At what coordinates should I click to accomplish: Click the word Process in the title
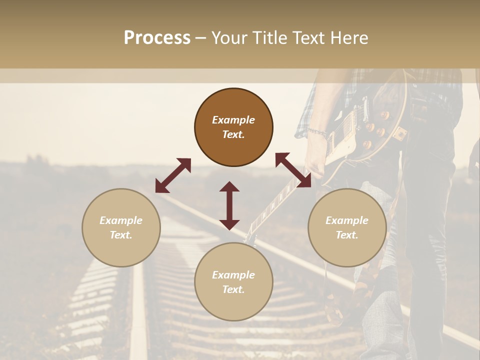tap(157, 37)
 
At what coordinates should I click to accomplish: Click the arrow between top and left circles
tap(173, 175)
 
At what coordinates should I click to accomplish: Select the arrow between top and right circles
tap(293, 170)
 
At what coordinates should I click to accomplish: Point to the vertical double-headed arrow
tap(229, 205)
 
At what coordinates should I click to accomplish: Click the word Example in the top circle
tap(233, 120)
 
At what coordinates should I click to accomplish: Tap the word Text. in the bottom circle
tap(233, 289)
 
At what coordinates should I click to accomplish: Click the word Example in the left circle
tap(121, 220)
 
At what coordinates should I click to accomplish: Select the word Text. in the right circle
tap(347, 235)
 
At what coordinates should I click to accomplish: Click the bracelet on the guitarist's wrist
tap(317, 132)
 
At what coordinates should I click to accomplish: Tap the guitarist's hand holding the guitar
tap(316, 155)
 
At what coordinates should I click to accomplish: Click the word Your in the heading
tap(227, 37)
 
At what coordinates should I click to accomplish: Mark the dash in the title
tap(200, 38)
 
